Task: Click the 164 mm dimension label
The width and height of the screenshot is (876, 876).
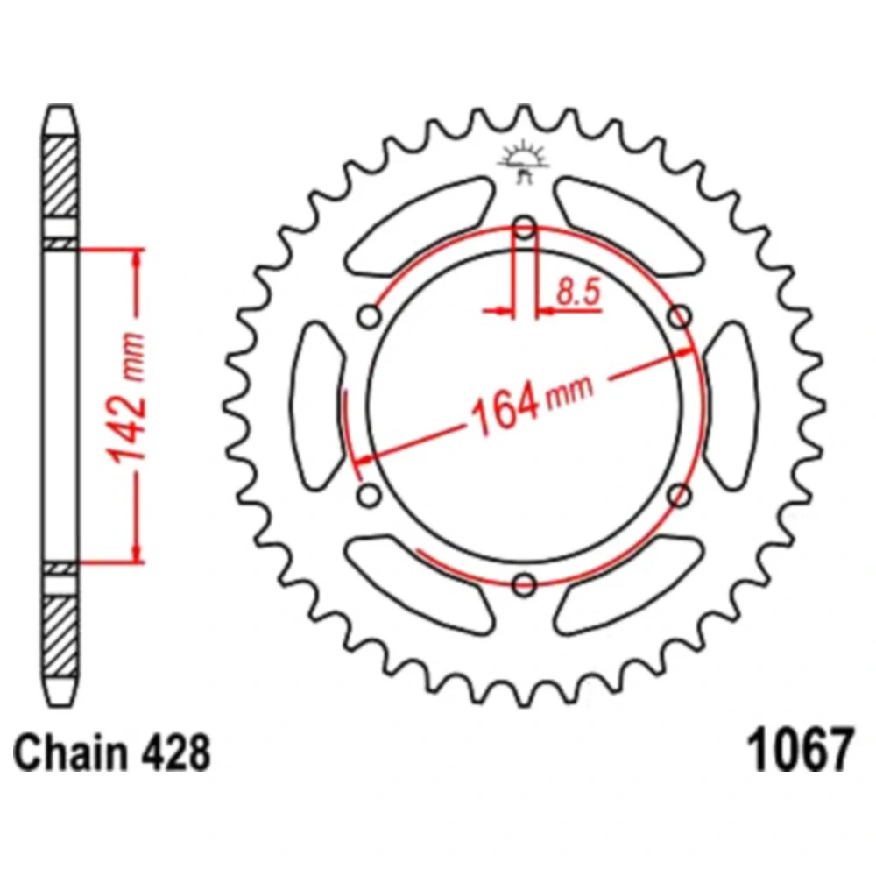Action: pos(532,403)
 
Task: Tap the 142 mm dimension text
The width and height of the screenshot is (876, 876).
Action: pos(128,399)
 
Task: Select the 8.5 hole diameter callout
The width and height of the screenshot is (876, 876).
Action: pos(579,293)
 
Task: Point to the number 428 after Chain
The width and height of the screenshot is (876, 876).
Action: pos(177,752)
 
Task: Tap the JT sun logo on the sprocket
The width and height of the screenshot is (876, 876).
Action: pos(524,161)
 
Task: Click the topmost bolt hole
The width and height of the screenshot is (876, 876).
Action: pos(525,228)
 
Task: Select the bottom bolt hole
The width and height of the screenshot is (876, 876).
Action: pos(524,584)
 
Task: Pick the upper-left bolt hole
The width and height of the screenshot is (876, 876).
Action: pos(370,317)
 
